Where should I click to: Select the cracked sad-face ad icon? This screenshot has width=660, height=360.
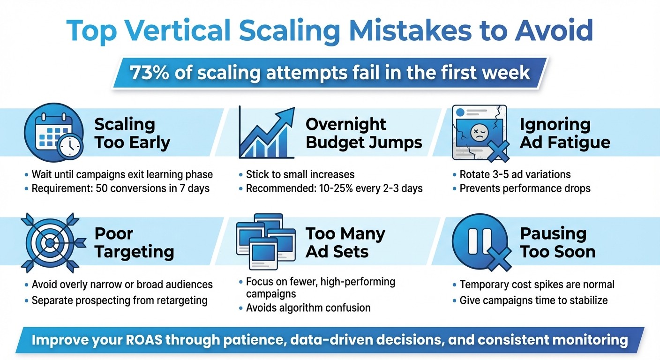(478, 133)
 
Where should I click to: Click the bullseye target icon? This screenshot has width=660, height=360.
(52, 242)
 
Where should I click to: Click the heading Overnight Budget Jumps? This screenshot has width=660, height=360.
(364, 133)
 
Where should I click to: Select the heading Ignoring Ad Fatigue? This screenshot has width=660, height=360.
(565, 133)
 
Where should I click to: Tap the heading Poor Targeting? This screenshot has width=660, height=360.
(134, 242)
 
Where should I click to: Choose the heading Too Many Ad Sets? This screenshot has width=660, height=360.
(345, 242)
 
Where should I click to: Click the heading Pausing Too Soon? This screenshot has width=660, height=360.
(557, 242)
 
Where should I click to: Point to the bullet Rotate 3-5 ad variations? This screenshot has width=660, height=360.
(515, 174)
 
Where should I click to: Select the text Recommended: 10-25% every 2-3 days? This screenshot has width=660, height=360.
(334, 188)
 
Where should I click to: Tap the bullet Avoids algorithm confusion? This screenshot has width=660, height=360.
(308, 308)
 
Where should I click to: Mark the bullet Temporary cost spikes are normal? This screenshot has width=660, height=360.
(537, 285)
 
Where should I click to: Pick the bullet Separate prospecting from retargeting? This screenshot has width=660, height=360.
(119, 300)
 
